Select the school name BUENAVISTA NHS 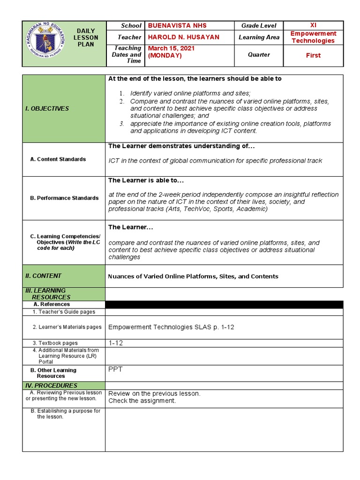[177, 25]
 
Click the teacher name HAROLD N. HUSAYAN [184, 37]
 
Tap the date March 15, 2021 [172, 48]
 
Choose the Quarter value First [313, 55]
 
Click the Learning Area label [259, 37]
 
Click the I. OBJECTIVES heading [47, 108]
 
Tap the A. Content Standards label [58, 159]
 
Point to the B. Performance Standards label [64, 198]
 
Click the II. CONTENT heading [43, 276]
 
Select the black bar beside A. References [224, 305]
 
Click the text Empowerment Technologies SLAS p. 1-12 [171, 327]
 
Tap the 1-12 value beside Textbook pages [116, 343]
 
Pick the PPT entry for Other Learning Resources [115, 369]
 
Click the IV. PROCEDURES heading [51, 385]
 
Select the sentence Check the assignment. [142, 401]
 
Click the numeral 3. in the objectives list [121, 124]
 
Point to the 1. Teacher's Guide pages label [64, 312]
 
